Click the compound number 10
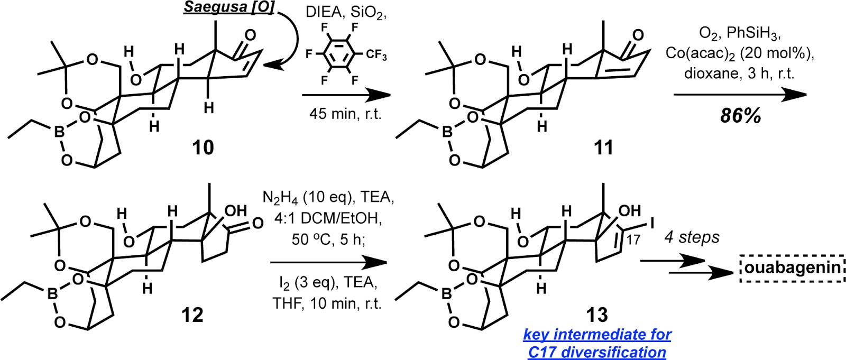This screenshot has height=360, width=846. pos(203,147)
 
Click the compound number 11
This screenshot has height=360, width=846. pos(603,147)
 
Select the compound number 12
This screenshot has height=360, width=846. pos(191,315)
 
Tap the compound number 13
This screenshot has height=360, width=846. pos(596,315)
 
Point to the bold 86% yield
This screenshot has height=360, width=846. pos(740,116)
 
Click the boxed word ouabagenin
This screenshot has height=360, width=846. pos(792,267)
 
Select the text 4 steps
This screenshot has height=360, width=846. pos(692,237)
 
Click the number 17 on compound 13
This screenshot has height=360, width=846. pos(633,239)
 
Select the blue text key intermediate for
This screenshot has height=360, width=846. pos(597,335)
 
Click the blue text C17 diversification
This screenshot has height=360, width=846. pos(597,352)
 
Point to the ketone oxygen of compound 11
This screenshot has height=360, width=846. pos(638,35)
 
